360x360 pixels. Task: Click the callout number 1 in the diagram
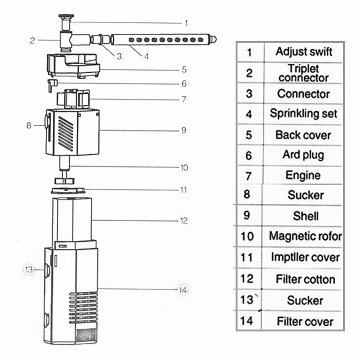[x=186, y=23]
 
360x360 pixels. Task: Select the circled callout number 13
[x=28, y=270]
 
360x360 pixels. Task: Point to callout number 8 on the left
[x=28, y=125]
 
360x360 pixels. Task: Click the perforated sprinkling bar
[x=160, y=40]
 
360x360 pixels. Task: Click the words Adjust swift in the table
[x=304, y=52]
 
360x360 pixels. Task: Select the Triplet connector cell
[x=304, y=73]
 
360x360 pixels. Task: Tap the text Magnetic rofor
[x=305, y=236]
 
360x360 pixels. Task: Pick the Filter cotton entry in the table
[x=305, y=279]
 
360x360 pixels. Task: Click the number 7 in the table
[x=249, y=176]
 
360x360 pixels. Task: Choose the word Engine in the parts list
[x=303, y=175]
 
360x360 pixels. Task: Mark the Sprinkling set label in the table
[x=304, y=113]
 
